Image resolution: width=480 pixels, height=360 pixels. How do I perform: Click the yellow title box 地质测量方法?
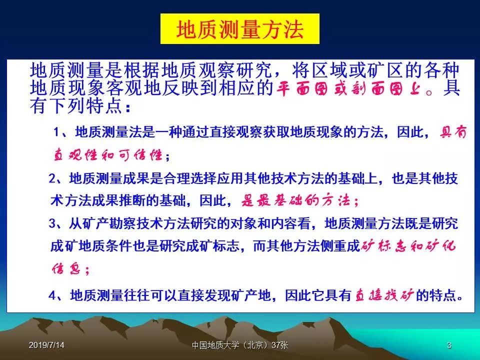(x=240, y=29)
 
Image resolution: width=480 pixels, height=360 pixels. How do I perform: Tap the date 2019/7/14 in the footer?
(x=46, y=345)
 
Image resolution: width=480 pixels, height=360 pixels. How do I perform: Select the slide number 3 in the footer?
(x=449, y=345)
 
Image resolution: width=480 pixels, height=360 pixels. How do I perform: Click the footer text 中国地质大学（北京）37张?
(x=240, y=345)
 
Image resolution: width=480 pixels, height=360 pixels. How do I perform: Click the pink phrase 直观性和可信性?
(x=108, y=155)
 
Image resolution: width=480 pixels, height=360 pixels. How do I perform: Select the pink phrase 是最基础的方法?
(x=295, y=200)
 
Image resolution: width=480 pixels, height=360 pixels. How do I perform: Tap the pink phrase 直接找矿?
(x=384, y=295)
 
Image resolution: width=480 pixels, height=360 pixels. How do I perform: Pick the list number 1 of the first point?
(x=56, y=132)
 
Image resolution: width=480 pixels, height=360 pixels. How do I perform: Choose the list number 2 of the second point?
(x=52, y=178)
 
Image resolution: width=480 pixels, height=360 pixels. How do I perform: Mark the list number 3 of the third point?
(x=52, y=223)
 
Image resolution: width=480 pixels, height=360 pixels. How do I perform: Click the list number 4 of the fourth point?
(x=52, y=295)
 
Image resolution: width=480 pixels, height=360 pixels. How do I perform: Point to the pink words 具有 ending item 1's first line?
(x=453, y=132)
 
